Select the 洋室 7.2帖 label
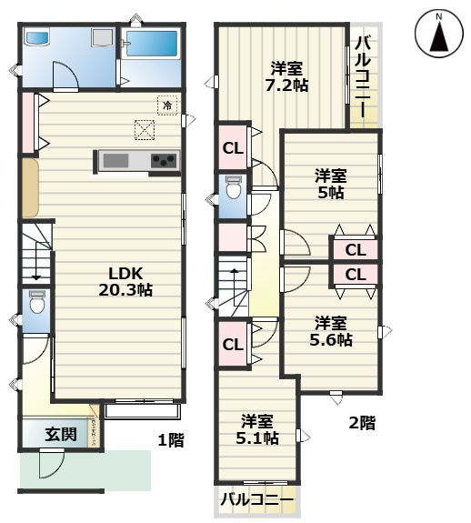point(286,75)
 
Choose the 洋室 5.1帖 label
point(258,429)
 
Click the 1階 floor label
point(171,441)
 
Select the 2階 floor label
point(361,422)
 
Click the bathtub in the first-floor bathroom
point(152,45)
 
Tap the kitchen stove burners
point(164,161)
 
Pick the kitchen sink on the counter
point(115,161)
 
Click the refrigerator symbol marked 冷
point(167,106)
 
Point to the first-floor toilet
point(37,303)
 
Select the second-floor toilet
point(233,190)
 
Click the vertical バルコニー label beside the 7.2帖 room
point(362,75)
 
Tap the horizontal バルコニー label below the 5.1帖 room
point(258,499)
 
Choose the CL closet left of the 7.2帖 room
point(233,148)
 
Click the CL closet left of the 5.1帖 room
point(233,344)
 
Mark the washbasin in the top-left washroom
point(37,39)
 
